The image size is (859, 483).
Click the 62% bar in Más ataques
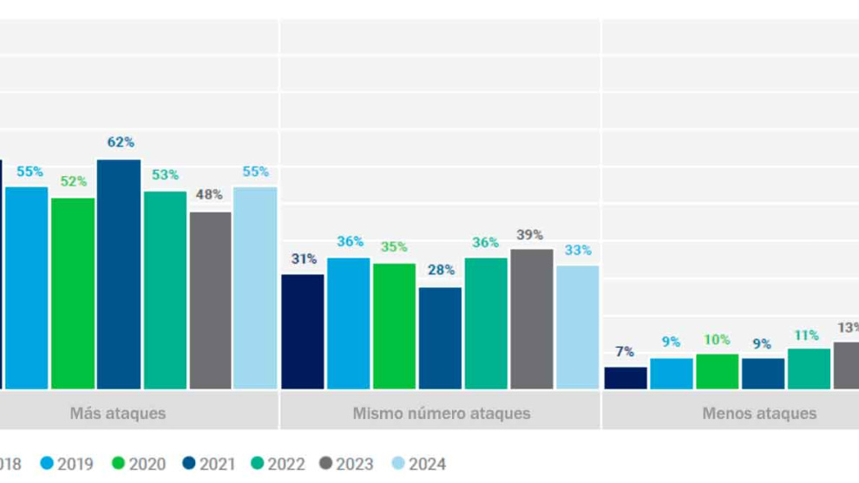(119, 274)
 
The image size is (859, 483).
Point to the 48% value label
(209, 194)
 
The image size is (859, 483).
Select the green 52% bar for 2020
(73, 293)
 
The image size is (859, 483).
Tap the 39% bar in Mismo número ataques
(532, 319)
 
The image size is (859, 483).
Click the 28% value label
(441, 270)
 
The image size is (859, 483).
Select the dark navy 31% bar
(303, 331)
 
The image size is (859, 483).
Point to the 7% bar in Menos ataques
(626, 378)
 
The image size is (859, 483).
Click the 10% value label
(717, 340)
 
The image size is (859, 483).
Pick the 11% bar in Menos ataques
(809, 369)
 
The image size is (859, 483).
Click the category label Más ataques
(117, 414)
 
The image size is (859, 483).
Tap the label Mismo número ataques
(441, 414)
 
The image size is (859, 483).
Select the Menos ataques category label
(759, 414)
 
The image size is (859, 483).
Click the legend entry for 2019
(68, 465)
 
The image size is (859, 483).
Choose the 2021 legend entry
(209, 465)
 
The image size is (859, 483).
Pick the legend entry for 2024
(420, 465)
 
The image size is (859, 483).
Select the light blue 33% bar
(578, 327)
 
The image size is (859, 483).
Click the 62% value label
(121, 142)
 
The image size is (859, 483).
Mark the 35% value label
(394, 247)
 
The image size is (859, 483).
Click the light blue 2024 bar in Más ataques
(255, 288)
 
